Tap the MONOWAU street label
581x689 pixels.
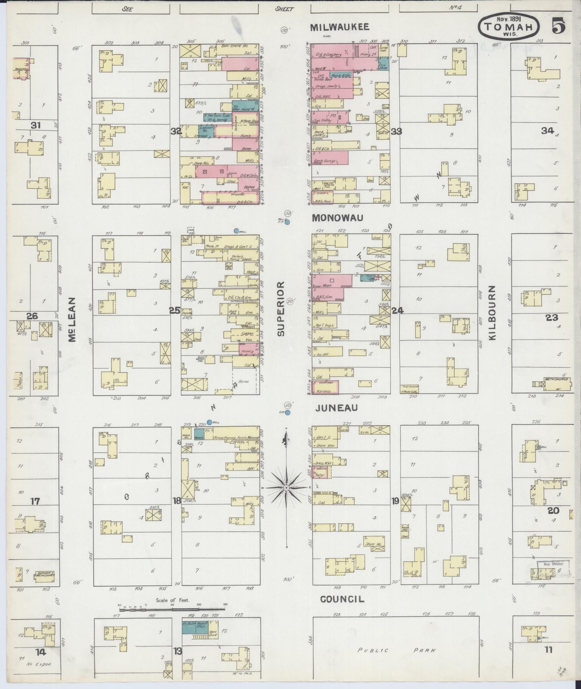337,218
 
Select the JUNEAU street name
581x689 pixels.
336,408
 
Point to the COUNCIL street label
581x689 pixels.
342,599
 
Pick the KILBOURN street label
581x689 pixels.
493,313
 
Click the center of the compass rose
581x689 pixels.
286,488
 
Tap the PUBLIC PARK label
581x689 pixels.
396,650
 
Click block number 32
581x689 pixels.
176,132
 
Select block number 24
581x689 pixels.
397,310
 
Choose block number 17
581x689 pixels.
35,501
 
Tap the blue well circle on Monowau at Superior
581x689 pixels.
287,222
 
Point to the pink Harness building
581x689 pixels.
325,387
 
